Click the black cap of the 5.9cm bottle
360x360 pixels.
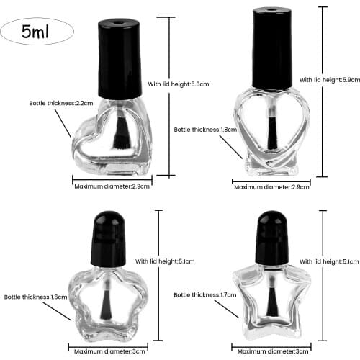click(272, 49)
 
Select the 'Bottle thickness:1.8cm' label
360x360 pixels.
click(203, 130)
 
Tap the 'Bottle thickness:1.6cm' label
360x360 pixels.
click(35, 296)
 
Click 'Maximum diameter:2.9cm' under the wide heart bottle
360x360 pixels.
click(112, 186)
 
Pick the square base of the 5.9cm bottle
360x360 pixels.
click(272, 168)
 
